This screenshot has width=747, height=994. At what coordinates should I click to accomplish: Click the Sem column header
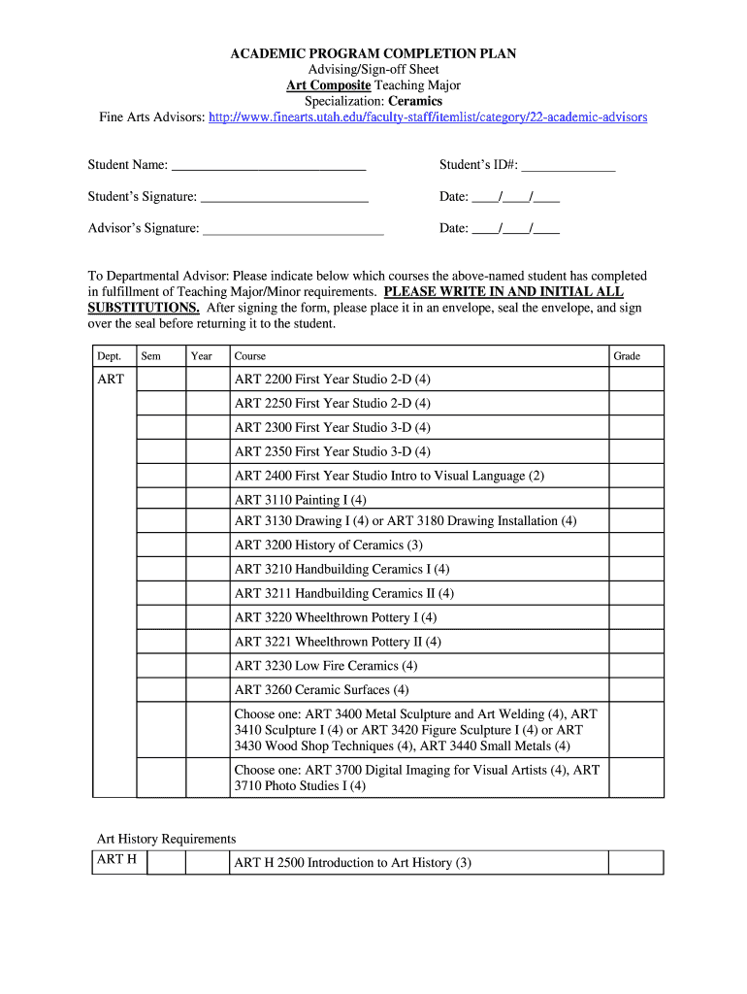[x=151, y=356]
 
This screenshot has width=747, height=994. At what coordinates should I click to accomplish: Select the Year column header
[x=202, y=356]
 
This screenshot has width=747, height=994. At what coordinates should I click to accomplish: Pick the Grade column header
[x=627, y=356]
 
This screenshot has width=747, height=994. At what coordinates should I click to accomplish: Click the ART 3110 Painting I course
[x=301, y=500]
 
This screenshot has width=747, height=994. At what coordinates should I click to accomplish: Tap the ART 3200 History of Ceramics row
[x=329, y=545]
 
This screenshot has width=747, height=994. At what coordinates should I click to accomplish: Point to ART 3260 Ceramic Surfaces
[x=321, y=690]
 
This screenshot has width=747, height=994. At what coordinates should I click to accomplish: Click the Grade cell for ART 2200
[x=635, y=380]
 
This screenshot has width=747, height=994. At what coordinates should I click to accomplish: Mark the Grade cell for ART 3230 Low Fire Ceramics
[x=635, y=666]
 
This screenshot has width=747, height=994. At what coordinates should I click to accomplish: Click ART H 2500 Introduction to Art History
[x=352, y=863]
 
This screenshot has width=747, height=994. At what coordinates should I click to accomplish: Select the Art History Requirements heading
[x=166, y=839]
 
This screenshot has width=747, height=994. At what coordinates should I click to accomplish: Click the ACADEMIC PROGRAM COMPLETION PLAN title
[x=373, y=53]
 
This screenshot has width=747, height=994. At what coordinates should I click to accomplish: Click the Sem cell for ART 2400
[x=161, y=476]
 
